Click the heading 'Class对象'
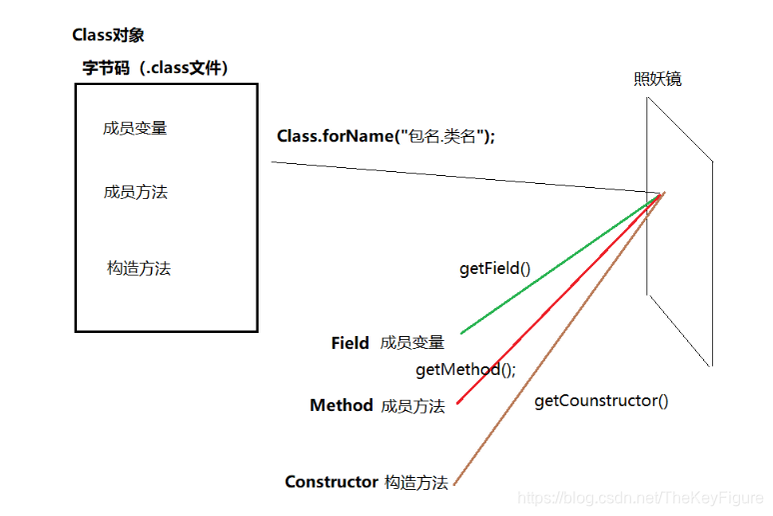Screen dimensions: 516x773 tap(108, 35)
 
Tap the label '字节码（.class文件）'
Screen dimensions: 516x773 tap(156, 68)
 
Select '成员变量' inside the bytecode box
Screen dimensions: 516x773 tap(135, 128)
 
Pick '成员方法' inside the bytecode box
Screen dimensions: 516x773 tap(135, 191)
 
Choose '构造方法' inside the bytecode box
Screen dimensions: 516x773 tap(139, 268)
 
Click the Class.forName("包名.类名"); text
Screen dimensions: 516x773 tap(386, 136)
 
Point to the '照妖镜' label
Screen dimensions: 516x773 tap(657, 79)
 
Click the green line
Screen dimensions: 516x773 tap(560, 263)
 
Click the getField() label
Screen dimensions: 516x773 tap(494, 268)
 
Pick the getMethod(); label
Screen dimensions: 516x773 tap(465, 370)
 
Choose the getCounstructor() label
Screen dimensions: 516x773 tap(601, 401)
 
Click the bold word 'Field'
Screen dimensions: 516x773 tap(350, 343)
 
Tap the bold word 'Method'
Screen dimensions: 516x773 tap(341, 406)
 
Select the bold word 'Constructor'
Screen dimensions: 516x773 tap(331, 482)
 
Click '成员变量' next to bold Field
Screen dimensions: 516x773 tap(412, 343)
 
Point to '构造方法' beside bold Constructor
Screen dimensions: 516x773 tap(416, 482)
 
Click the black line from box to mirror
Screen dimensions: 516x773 tap(459, 176)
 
